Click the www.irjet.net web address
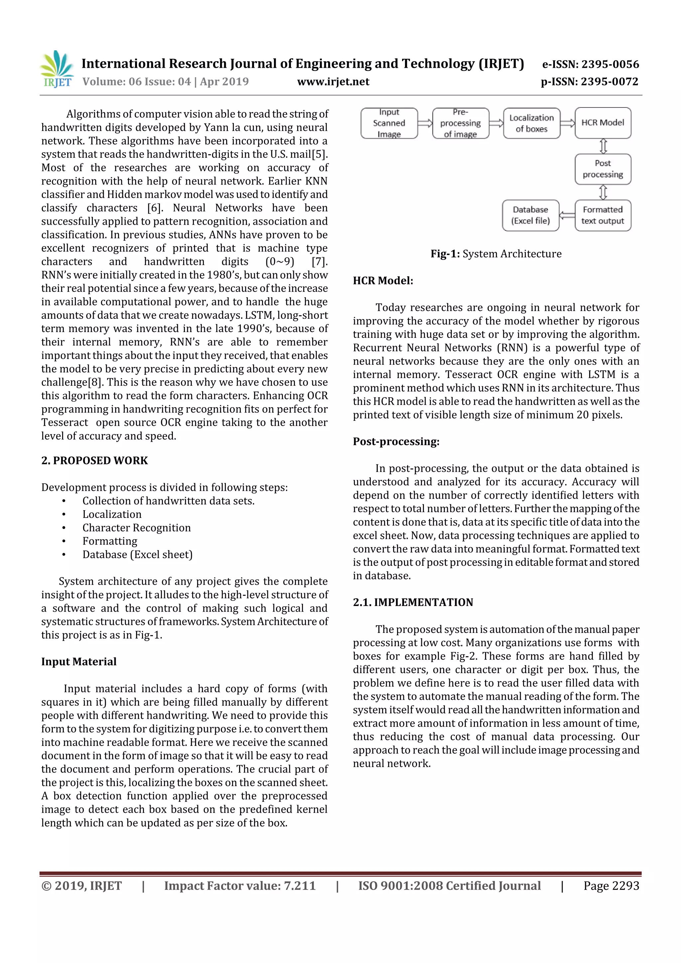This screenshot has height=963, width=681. [x=333, y=82]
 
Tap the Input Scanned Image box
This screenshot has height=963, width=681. [x=389, y=123]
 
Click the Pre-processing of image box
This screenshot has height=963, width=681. [x=460, y=123]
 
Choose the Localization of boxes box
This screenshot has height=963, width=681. [x=531, y=123]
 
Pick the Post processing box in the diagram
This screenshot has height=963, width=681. [x=603, y=169]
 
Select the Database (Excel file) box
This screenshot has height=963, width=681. [x=530, y=215]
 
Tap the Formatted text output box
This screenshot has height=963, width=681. [x=603, y=215]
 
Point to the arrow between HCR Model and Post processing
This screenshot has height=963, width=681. [x=603, y=146]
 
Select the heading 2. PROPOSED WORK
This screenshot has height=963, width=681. [x=94, y=460]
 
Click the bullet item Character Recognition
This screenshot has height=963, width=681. [x=136, y=528]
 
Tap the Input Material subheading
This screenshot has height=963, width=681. [x=79, y=662]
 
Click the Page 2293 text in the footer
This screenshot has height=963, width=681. [x=611, y=886]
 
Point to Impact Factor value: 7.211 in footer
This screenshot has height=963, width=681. [x=240, y=886]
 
